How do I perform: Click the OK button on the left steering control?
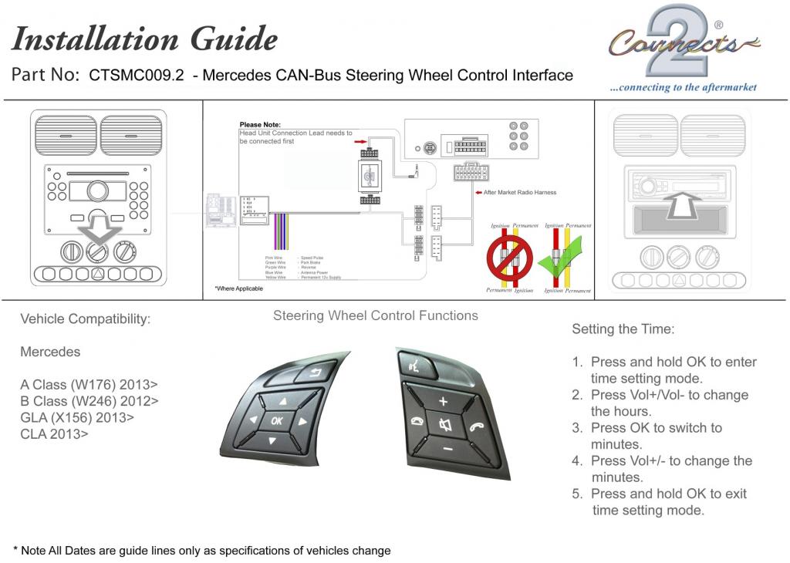click(x=276, y=420)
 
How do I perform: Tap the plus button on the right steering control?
click(x=443, y=402)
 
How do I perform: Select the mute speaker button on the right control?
click(x=444, y=425)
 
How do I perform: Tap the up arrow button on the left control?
click(x=282, y=402)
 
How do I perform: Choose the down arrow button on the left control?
click(x=272, y=441)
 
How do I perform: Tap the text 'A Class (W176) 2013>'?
click(x=89, y=383)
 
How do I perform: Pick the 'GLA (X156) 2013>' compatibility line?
click(x=77, y=417)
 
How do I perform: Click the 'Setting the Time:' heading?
click(x=623, y=329)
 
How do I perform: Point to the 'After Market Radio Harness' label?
click(x=519, y=192)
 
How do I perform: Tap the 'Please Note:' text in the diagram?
click(x=260, y=124)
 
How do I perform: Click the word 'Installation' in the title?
click(x=96, y=38)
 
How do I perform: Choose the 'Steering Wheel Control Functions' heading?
click(x=376, y=315)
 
